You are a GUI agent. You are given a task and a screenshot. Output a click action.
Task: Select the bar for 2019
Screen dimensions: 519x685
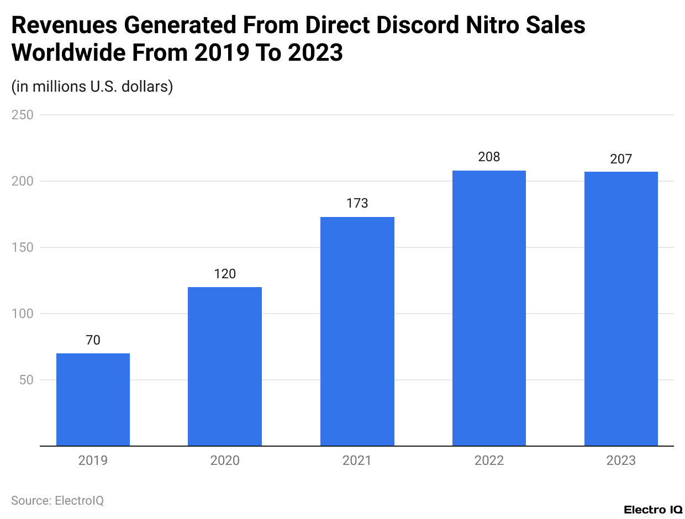point(93,399)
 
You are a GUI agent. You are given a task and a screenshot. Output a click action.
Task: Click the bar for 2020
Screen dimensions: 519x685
point(225,366)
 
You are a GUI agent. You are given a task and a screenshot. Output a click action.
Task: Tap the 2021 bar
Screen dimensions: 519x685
point(357,331)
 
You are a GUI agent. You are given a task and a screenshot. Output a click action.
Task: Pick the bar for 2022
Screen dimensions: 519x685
point(489,308)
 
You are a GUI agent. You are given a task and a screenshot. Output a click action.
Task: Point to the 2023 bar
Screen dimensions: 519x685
point(621,309)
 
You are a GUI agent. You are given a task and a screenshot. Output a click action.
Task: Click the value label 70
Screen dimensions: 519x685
point(93,340)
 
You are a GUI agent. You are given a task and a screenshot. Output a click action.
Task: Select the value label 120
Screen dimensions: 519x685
point(225,274)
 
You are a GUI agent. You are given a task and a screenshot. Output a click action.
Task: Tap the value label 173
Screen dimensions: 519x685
point(357,204)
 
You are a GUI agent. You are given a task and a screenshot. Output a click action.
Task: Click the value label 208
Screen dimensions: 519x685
point(489,157)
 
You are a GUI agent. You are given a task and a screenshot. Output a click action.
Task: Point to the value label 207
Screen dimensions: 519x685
point(621,159)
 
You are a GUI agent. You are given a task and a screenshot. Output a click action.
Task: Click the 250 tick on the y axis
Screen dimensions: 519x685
point(23,115)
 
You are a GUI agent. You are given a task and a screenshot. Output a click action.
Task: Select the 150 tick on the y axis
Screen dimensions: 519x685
point(23,247)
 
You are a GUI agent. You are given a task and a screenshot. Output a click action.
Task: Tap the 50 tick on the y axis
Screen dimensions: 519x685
point(26,380)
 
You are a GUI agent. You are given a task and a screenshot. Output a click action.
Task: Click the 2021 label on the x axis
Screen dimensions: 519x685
point(357,460)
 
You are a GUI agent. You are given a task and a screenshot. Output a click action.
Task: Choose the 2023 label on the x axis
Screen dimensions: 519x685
point(621,460)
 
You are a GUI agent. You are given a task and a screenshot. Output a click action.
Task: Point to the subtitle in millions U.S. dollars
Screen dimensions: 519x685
point(92,87)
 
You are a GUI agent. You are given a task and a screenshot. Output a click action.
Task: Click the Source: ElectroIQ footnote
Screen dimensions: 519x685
point(57,500)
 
